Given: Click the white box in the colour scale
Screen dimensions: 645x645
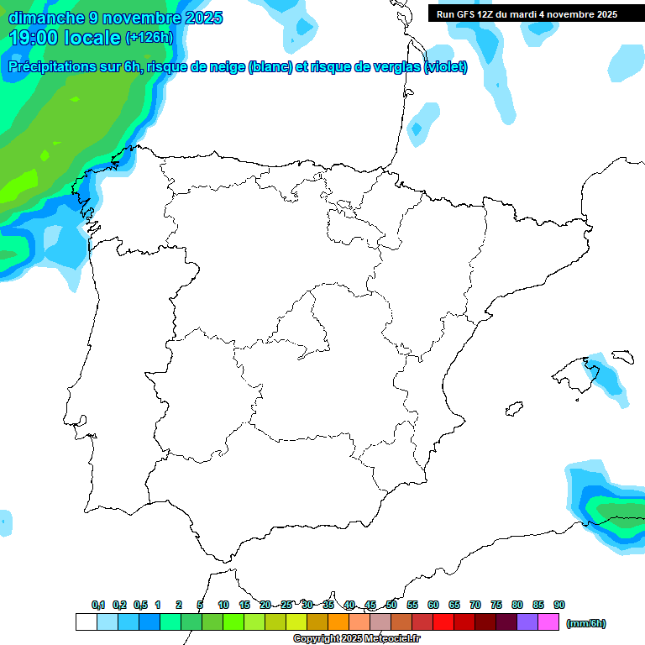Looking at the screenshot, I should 86,622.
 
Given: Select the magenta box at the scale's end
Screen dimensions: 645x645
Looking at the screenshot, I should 548,622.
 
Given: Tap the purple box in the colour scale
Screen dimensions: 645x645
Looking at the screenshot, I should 527,622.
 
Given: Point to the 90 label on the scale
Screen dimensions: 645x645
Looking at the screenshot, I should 559,605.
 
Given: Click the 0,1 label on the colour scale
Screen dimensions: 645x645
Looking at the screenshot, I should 98,605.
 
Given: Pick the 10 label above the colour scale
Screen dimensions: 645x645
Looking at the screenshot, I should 223,605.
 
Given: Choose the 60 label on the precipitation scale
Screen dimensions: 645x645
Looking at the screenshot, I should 433,605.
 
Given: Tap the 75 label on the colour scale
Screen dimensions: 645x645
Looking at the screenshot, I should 496,605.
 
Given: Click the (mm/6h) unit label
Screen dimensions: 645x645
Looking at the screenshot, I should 586,623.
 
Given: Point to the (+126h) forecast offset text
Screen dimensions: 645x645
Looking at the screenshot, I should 149,37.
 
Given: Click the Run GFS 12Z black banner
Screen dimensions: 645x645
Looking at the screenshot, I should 527,13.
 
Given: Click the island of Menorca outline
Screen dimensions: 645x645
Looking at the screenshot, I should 622,356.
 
